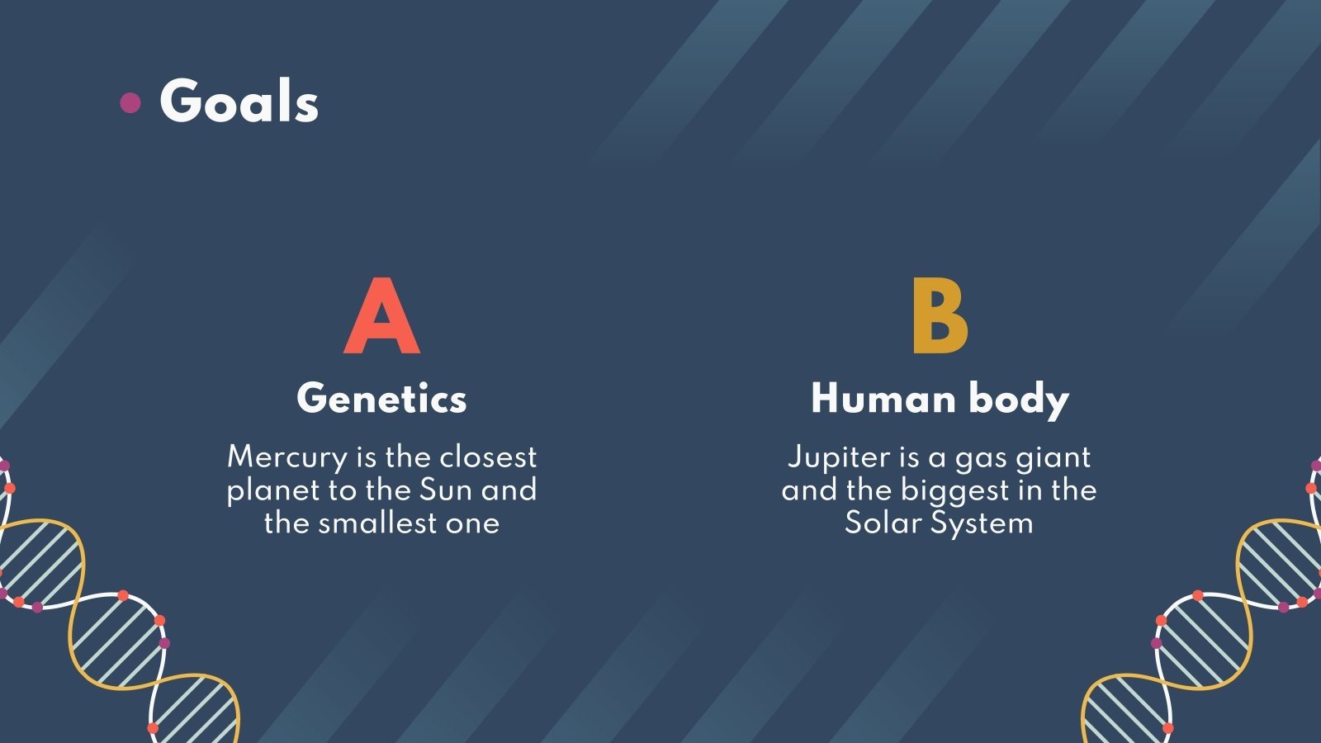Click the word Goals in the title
coord(239,102)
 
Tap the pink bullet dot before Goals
coord(130,102)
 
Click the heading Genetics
coord(381,399)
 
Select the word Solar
coord(882,523)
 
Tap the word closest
coord(487,457)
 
